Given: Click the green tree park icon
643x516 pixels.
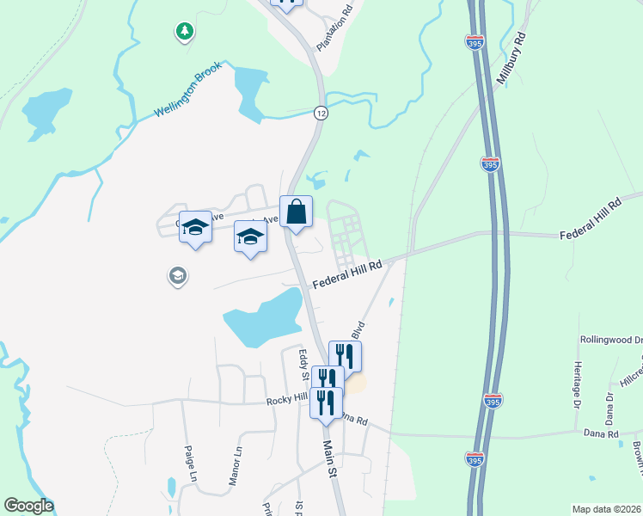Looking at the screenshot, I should click(183, 33).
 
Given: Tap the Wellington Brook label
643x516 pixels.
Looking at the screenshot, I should click(193, 89).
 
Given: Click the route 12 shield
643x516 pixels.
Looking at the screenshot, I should click(320, 113).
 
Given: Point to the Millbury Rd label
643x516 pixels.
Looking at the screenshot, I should click(510, 58).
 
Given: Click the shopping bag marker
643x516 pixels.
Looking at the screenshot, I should click(296, 212).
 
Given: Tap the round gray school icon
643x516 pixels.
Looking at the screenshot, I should click(177, 276).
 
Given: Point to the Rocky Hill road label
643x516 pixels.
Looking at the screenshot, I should click(286, 397).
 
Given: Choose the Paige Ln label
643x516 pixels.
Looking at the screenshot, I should click(192, 464).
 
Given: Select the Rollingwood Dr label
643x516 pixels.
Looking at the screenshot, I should click(611, 340).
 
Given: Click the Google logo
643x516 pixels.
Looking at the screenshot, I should click(28, 506).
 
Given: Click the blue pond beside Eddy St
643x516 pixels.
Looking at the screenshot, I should click(262, 316).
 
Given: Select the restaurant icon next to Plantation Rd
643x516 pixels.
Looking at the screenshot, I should click(287, 3).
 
